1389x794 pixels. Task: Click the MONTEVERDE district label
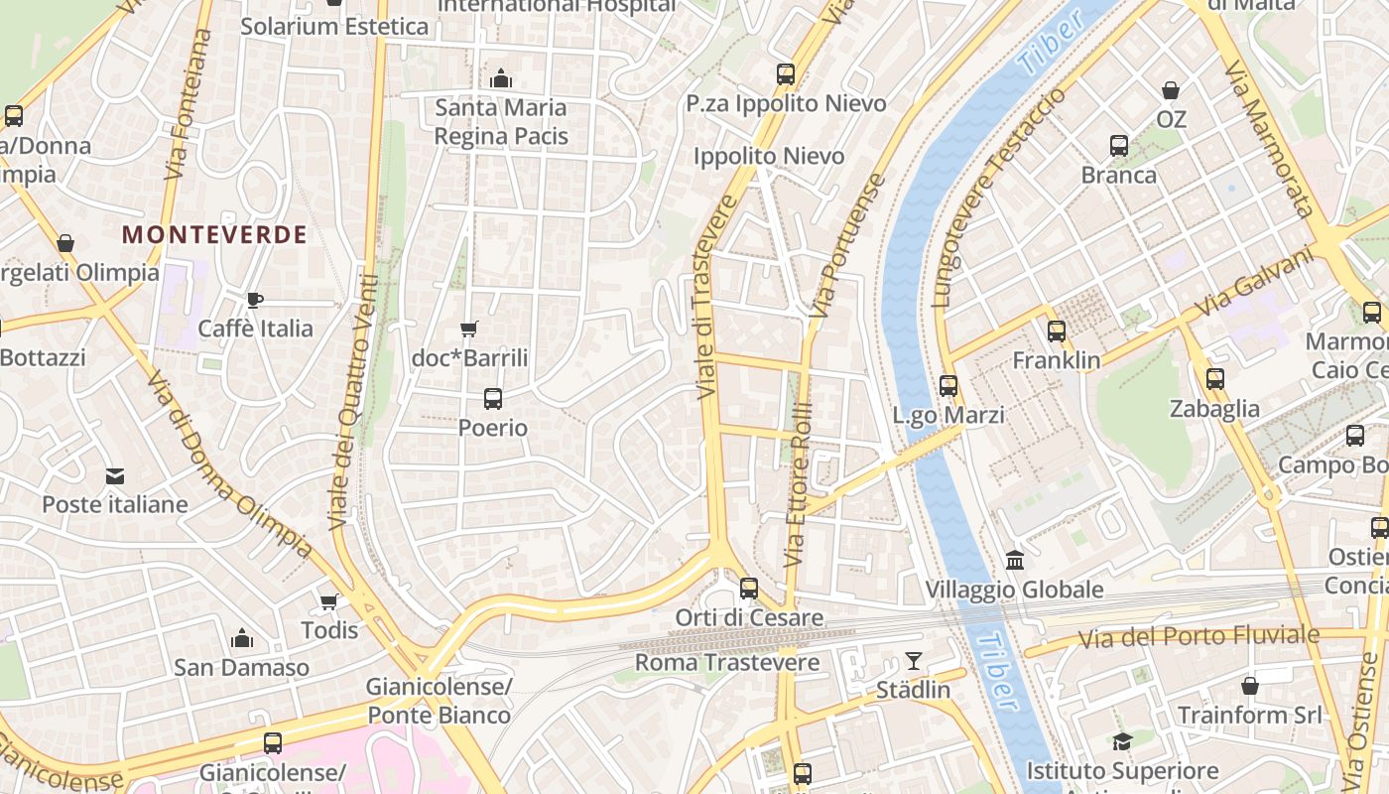point(214,235)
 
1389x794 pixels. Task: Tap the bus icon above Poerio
point(492,399)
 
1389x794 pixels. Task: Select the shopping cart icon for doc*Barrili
point(469,329)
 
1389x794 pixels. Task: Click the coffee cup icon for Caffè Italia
point(255,300)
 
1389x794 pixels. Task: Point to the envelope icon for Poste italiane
point(115,476)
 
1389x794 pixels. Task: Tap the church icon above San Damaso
point(241,638)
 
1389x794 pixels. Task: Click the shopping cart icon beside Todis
point(328,601)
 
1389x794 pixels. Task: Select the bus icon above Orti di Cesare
point(749,589)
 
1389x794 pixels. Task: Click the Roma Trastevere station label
point(727,662)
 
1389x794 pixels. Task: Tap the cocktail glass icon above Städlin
point(913,660)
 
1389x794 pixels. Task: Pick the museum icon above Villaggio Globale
point(1014,561)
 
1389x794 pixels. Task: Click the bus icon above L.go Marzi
point(948,386)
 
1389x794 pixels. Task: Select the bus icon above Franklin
point(1057,331)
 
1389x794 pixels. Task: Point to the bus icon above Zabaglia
point(1214,379)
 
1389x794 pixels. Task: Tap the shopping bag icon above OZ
point(1171,90)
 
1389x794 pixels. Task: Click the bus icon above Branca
point(1119,146)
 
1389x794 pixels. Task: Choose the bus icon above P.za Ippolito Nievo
point(786,73)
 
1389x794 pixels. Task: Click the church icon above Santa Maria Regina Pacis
point(501,77)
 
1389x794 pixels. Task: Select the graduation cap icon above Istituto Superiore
point(1122,741)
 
